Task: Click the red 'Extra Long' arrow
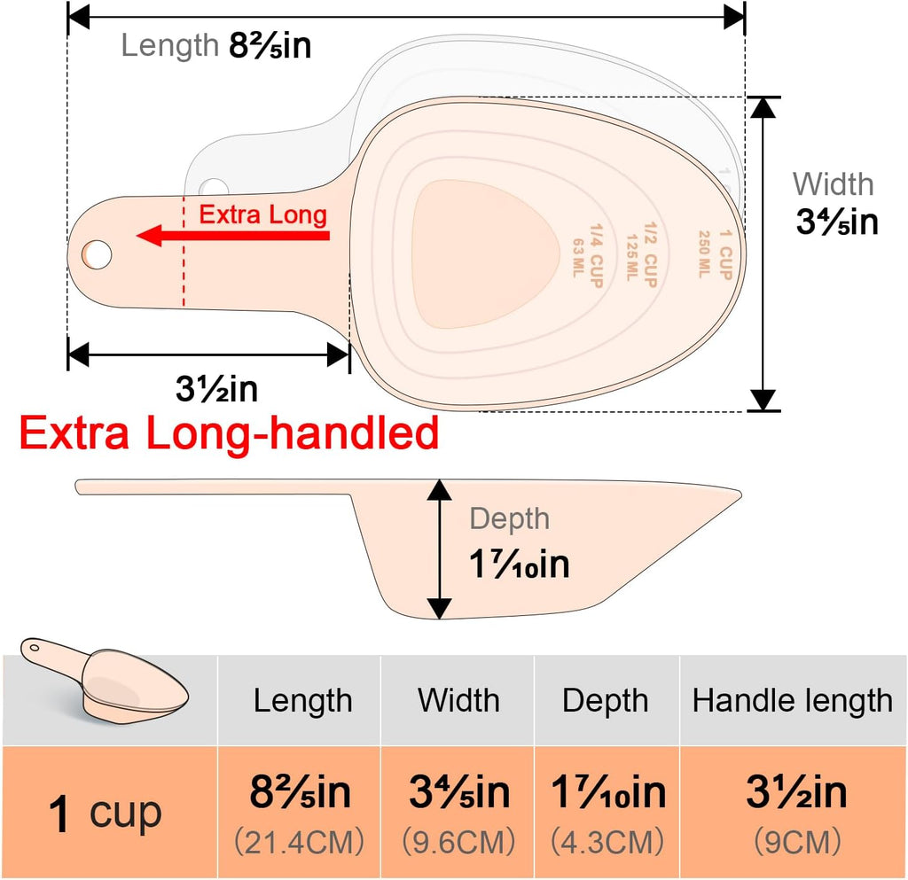click(x=233, y=236)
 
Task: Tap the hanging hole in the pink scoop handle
click(x=98, y=254)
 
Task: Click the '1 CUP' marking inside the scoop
click(x=725, y=254)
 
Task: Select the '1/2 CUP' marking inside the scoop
click(x=651, y=254)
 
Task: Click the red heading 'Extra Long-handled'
click(x=229, y=433)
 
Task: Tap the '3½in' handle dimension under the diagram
click(x=216, y=389)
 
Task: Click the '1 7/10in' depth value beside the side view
click(x=519, y=565)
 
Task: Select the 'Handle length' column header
click(x=792, y=701)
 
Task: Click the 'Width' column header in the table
click(x=458, y=700)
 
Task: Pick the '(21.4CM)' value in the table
click(x=300, y=842)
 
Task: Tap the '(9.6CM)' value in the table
click(x=458, y=842)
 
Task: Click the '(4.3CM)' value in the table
click(x=607, y=842)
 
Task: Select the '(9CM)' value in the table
click(x=797, y=842)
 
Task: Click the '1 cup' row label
click(x=105, y=813)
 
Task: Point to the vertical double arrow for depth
click(x=440, y=549)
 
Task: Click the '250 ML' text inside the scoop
click(x=704, y=254)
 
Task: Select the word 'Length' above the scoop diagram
click(x=169, y=45)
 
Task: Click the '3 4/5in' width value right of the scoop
click(x=837, y=222)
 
